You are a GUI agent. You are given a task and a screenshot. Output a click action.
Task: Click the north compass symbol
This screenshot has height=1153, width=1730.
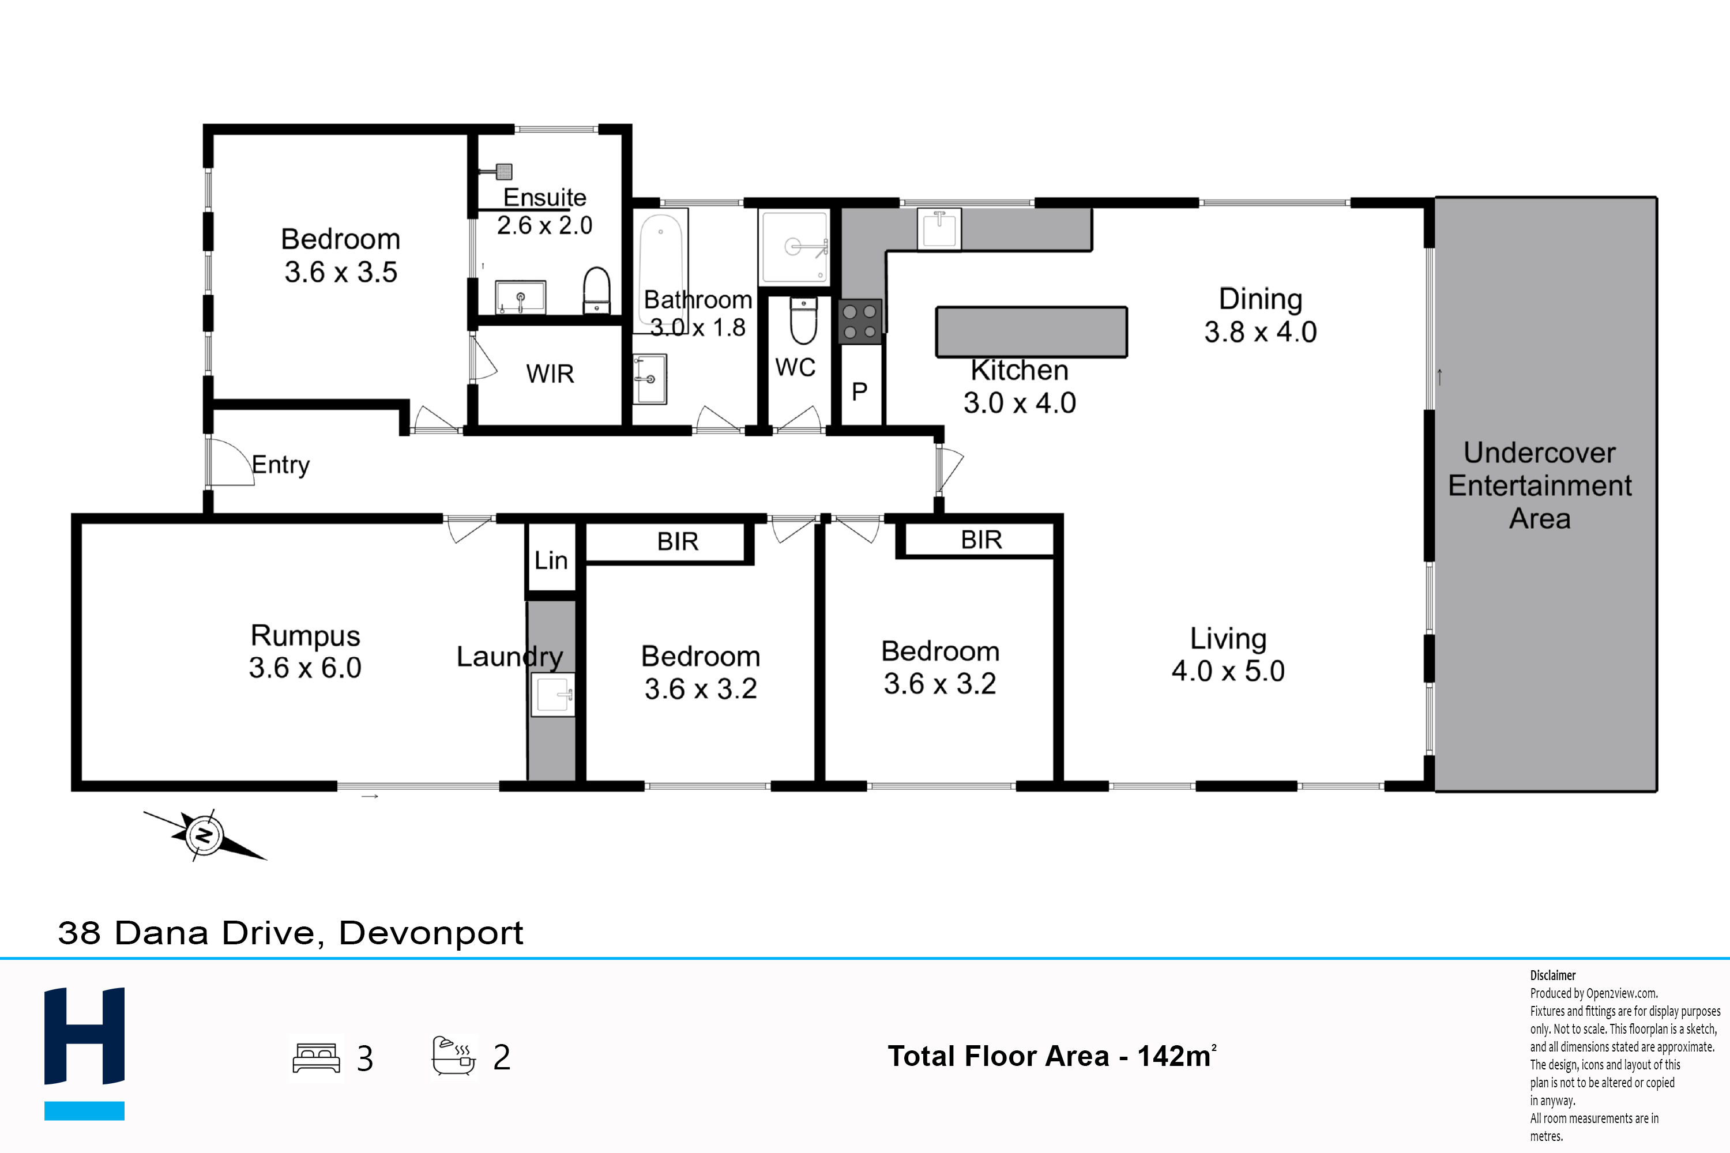click(205, 835)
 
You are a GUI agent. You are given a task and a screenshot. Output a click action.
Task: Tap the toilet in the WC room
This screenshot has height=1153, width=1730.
click(803, 321)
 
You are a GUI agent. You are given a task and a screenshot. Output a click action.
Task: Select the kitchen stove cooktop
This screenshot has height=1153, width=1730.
click(860, 321)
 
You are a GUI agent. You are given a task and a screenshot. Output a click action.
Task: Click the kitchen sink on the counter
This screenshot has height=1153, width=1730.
click(939, 229)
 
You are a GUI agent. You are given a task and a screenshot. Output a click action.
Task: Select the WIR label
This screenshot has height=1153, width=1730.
click(550, 374)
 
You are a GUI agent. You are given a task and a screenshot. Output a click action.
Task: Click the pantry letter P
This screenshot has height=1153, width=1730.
click(859, 391)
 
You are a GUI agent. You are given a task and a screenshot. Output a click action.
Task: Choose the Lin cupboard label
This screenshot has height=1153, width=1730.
click(551, 560)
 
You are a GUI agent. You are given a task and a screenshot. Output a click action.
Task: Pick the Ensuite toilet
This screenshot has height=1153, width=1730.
click(596, 291)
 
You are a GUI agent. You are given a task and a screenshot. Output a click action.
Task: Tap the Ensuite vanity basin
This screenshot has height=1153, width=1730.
click(520, 297)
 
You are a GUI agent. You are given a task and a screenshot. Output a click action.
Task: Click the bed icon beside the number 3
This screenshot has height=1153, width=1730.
click(316, 1058)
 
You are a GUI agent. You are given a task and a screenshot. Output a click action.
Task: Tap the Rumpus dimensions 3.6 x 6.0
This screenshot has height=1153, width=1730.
click(304, 668)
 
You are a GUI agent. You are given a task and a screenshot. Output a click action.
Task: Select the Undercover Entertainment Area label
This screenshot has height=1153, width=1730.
click(1540, 485)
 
